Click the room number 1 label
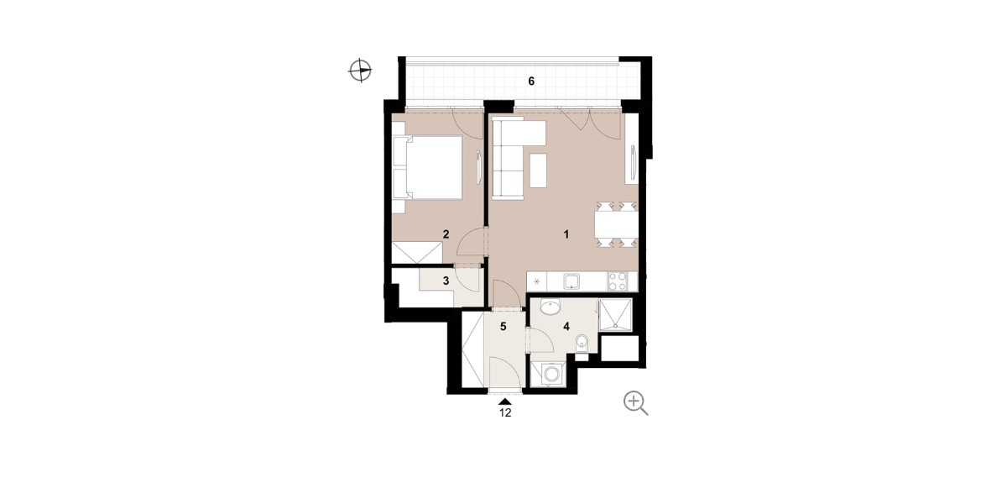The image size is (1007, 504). [x=566, y=234]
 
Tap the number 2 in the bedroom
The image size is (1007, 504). [x=446, y=234]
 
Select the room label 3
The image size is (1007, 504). [x=446, y=281]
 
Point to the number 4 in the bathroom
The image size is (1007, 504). [x=566, y=326]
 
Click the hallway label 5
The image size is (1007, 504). [x=503, y=326]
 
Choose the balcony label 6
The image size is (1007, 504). [x=531, y=81]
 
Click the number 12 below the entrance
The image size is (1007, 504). [x=505, y=412]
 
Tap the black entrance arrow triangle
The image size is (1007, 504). [x=505, y=402]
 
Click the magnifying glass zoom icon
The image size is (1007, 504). [x=636, y=403]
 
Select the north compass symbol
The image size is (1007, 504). [x=361, y=71]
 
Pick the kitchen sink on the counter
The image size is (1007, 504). [x=571, y=281]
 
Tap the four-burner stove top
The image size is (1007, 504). [x=618, y=281]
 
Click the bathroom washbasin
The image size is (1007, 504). [x=550, y=307]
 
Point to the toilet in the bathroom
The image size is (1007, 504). [x=582, y=343]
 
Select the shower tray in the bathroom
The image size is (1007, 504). [x=615, y=315]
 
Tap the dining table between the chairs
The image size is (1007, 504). [x=616, y=224]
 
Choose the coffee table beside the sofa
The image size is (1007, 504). [x=538, y=171]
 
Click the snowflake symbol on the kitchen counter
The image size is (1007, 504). [x=537, y=282]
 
